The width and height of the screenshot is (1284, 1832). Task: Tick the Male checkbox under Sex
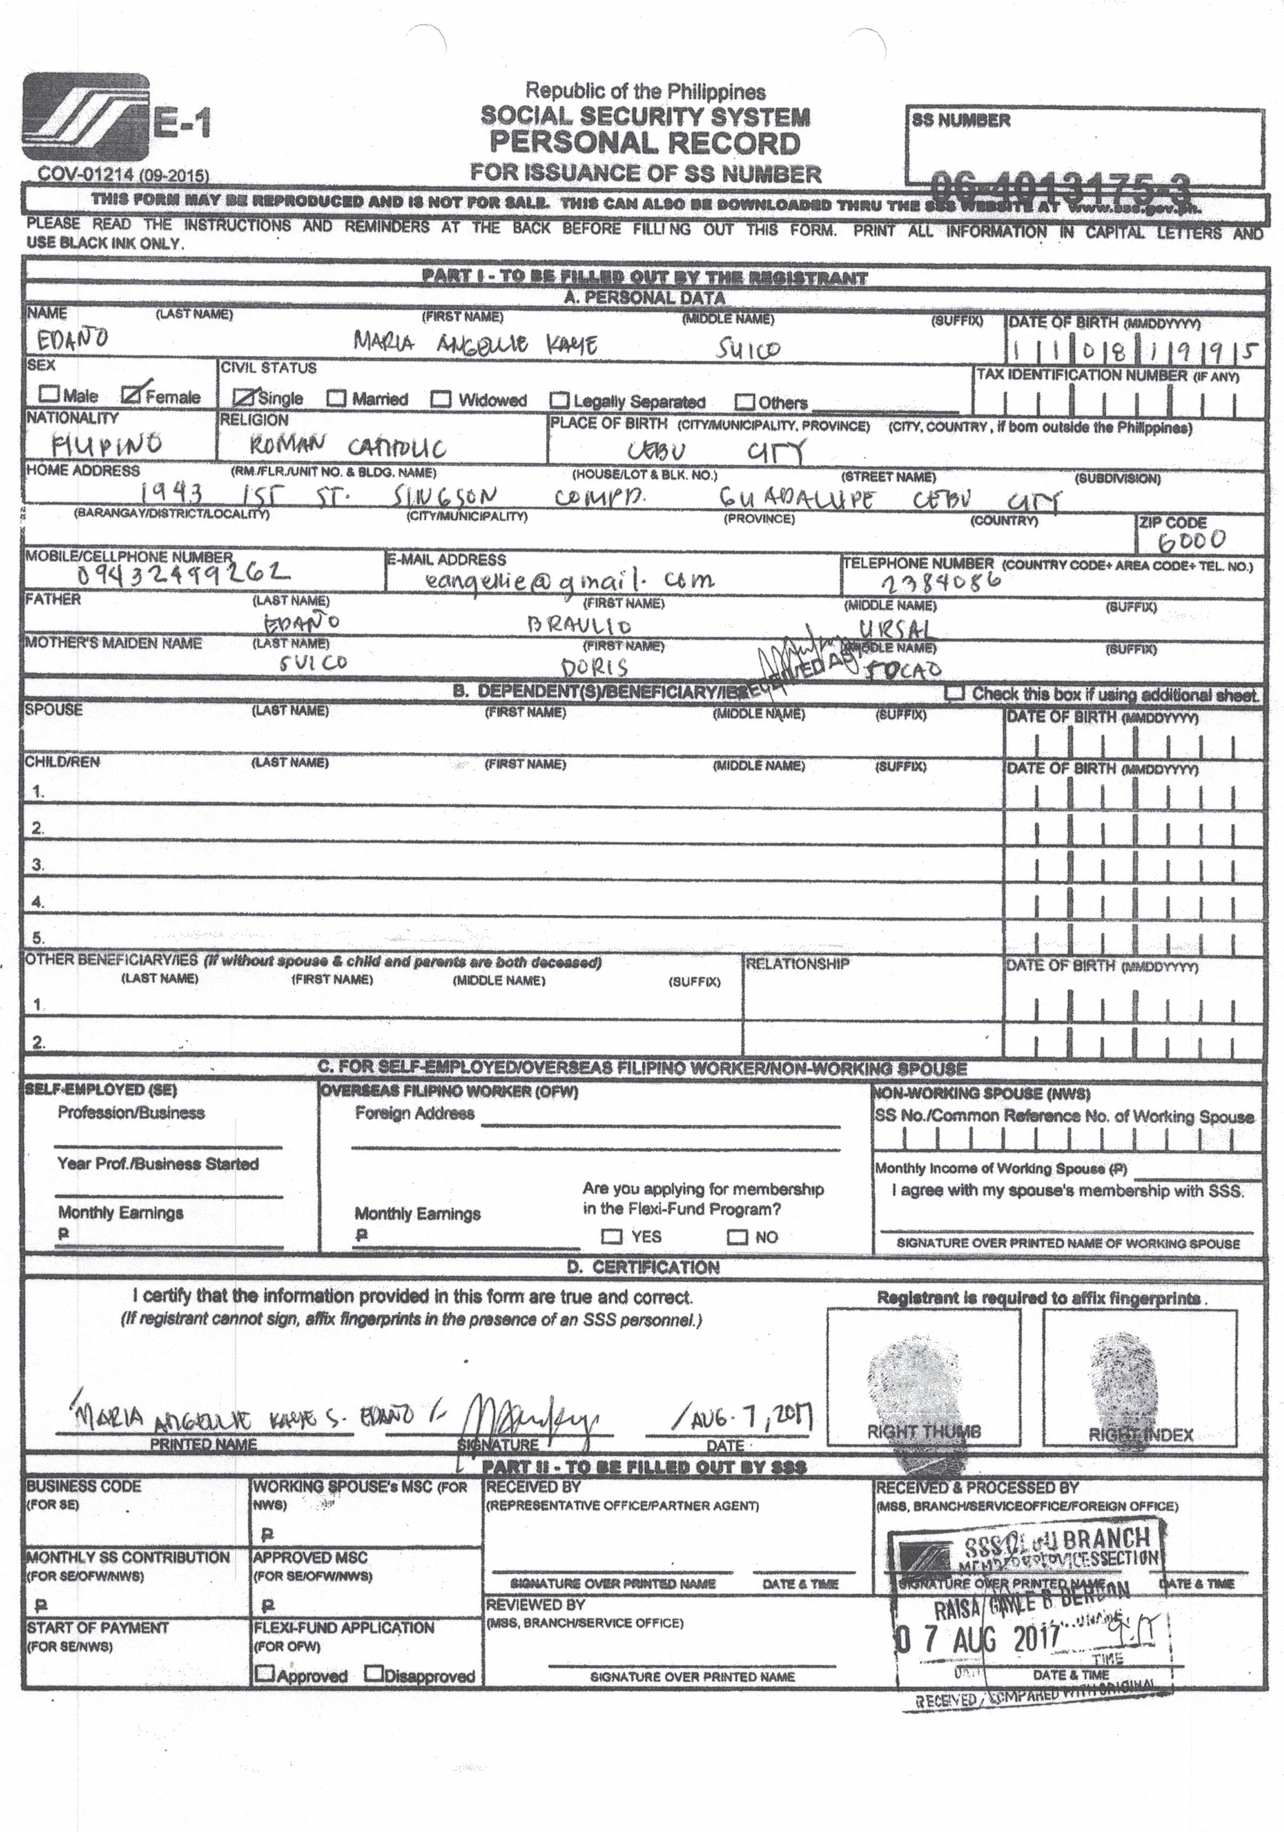tap(50, 393)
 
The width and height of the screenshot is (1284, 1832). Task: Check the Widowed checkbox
tap(440, 399)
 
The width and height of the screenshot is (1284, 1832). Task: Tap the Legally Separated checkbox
tap(560, 400)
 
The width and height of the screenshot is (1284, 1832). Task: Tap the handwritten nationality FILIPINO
tap(107, 443)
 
